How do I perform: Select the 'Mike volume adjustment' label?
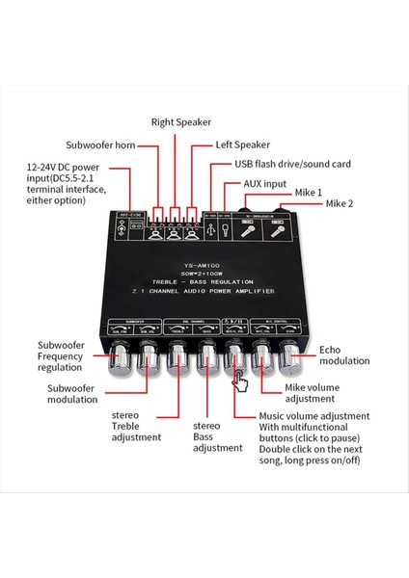point(313,395)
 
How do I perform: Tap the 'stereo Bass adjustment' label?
point(216,435)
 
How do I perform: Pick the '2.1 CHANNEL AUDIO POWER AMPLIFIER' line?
point(203,291)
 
